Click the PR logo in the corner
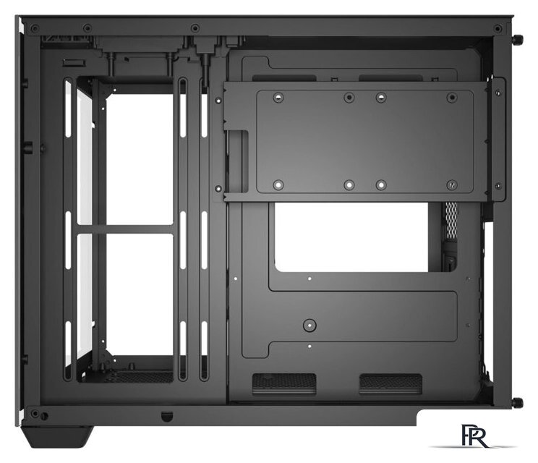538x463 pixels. pyautogui.click(x=475, y=436)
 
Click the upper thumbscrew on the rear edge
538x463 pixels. pyautogui.click(x=518, y=39)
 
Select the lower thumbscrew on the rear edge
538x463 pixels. pyautogui.click(x=518, y=402)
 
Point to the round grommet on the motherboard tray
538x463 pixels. pyautogui.click(x=309, y=325)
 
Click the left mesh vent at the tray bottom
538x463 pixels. pyautogui.click(x=284, y=383)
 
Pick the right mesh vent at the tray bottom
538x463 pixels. pyautogui.click(x=390, y=383)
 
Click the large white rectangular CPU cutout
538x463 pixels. pyautogui.click(x=351, y=237)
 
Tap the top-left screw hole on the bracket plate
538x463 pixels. pyautogui.click(x=278, y=98)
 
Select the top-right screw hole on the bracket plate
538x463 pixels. pyautogui.click(x=452, y=98)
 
